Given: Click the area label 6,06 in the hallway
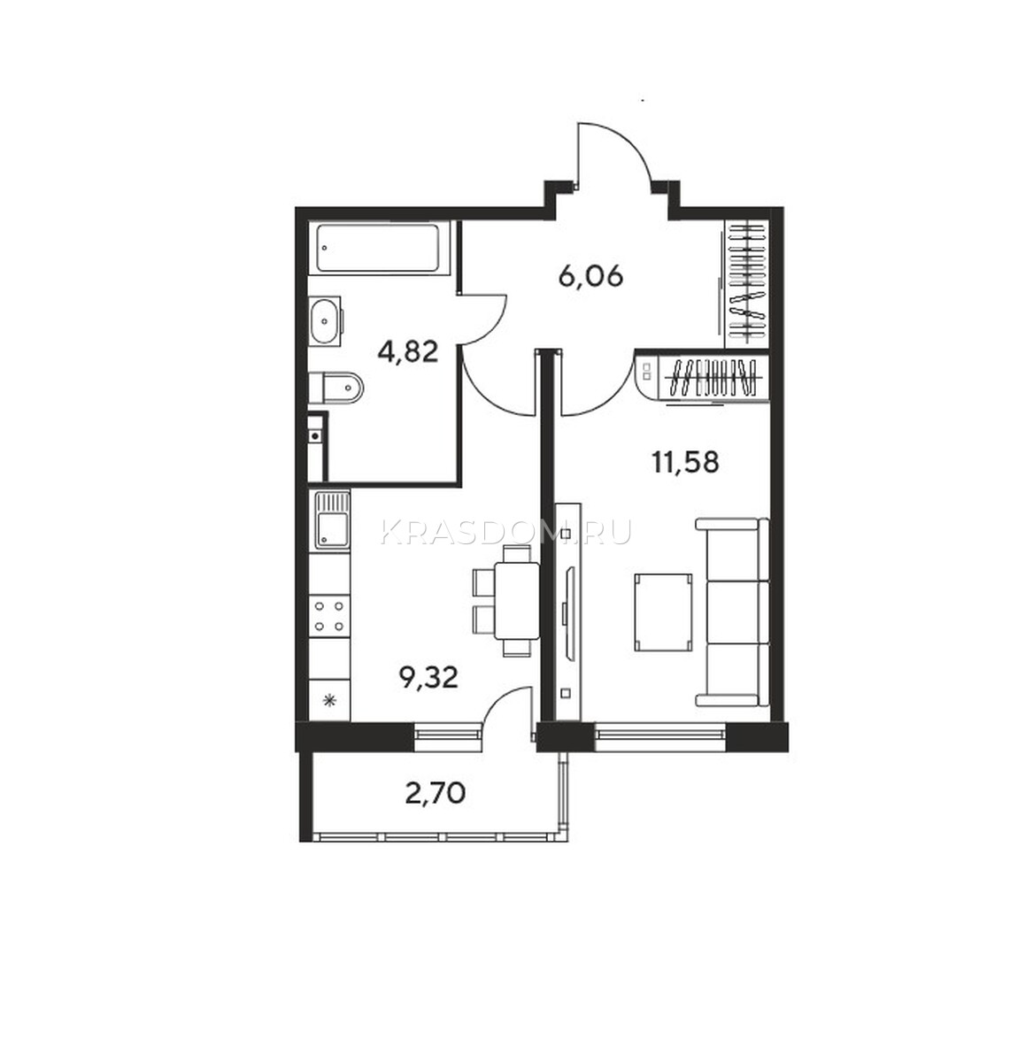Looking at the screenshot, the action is pos(590,277).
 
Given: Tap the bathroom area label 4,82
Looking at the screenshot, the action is pos(407,352).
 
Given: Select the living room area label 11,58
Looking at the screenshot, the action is pos(685,462).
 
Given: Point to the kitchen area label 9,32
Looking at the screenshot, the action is pos(428,677).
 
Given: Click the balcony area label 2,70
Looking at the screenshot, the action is pos(435,794).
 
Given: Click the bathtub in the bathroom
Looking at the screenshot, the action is pos(377,248).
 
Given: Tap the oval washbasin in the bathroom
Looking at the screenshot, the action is pos(326,321).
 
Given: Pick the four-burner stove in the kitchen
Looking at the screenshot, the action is pos(329,616).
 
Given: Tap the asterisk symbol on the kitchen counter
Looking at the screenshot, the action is pos(329,701).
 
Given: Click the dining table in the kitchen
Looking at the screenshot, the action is pos(517,601).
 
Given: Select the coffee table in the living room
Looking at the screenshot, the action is pos(664,612).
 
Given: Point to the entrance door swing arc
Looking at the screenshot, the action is pos(615,153).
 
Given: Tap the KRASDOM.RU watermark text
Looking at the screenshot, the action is pos(506,531).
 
